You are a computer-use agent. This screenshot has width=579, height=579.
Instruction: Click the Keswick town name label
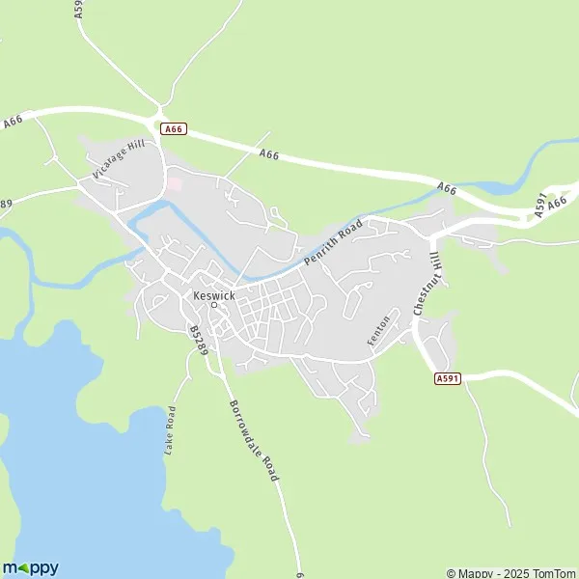214,296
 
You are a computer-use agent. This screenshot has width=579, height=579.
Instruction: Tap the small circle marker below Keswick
215,308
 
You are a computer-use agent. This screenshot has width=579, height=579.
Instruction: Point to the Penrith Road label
333,242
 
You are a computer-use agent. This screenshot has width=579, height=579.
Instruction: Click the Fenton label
380,331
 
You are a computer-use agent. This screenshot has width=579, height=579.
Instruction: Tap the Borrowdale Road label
255,440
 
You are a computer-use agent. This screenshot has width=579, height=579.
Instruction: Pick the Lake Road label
170,429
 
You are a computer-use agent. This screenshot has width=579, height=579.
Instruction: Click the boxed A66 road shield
172,128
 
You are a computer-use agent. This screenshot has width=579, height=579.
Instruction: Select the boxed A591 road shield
448,379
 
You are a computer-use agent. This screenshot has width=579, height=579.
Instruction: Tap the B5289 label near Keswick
199,341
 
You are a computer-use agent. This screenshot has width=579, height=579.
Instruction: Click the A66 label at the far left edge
12,122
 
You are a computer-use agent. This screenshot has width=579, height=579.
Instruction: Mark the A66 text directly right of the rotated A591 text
557,204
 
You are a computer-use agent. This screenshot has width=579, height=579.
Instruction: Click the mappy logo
30,567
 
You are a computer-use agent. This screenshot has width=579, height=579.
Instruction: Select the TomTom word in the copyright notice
554,572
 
